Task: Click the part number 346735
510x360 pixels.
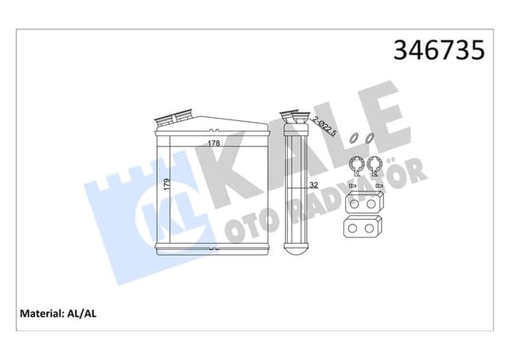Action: (x=438, y=51)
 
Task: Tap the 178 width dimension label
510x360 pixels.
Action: (x=214, y=143)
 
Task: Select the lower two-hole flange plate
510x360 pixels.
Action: (x=363, y=230)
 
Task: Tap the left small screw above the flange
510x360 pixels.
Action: (x=351, y=186)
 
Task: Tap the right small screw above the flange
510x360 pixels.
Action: (x=378, y=186)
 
